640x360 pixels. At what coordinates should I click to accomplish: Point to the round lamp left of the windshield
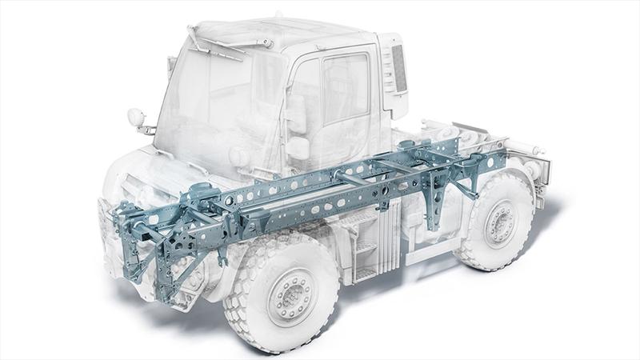(136, 118)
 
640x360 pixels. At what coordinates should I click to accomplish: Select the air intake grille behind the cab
(398, 68)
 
